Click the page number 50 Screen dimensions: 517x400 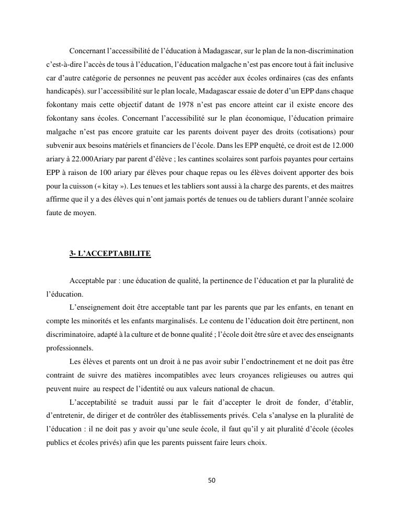pyautogui.click(x=212, y=480)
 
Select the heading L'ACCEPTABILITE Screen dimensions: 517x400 pyautogui.click(x=114, y=254)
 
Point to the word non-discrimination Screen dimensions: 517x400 pyautogui.click(x=323, y=51)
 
